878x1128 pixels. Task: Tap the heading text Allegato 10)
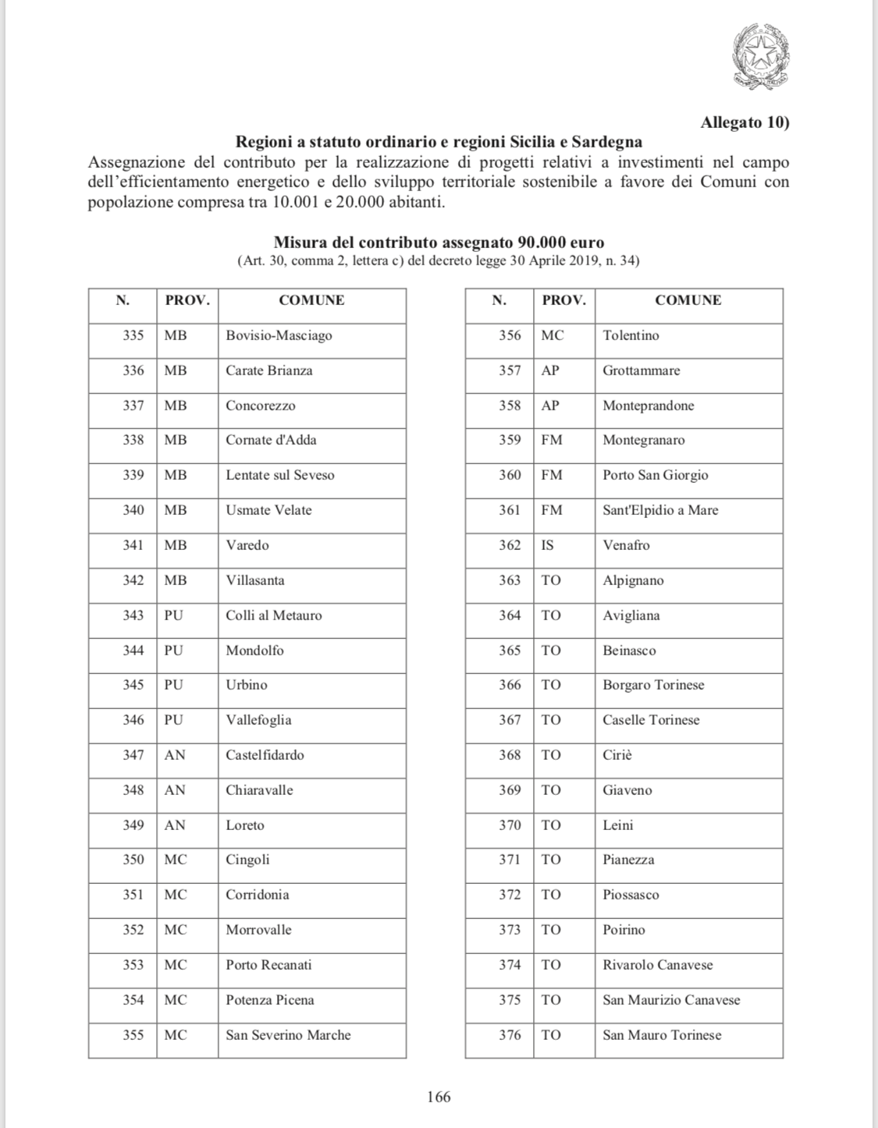(745, 122)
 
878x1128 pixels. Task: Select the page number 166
(439, 1097)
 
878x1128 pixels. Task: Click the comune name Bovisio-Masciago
(279, 335)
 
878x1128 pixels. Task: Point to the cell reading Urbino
(247, 685)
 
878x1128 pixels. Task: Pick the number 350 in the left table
(133, 860)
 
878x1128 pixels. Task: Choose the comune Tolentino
(631, 335)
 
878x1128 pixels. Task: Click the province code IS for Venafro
(548, 545)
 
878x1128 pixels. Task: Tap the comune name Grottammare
(641, 371)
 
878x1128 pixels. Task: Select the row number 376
(510, 1035)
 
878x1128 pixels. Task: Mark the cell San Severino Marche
(288, 1035)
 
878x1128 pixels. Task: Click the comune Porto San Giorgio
(655, 475)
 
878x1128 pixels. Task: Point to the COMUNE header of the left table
(311, 300)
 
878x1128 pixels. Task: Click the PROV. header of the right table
(563, 300)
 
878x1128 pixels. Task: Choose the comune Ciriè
(617, 755)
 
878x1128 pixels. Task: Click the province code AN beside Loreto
(175, 825)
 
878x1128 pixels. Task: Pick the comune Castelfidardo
(265, 755)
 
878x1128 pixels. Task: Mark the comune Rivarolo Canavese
(657, 965)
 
